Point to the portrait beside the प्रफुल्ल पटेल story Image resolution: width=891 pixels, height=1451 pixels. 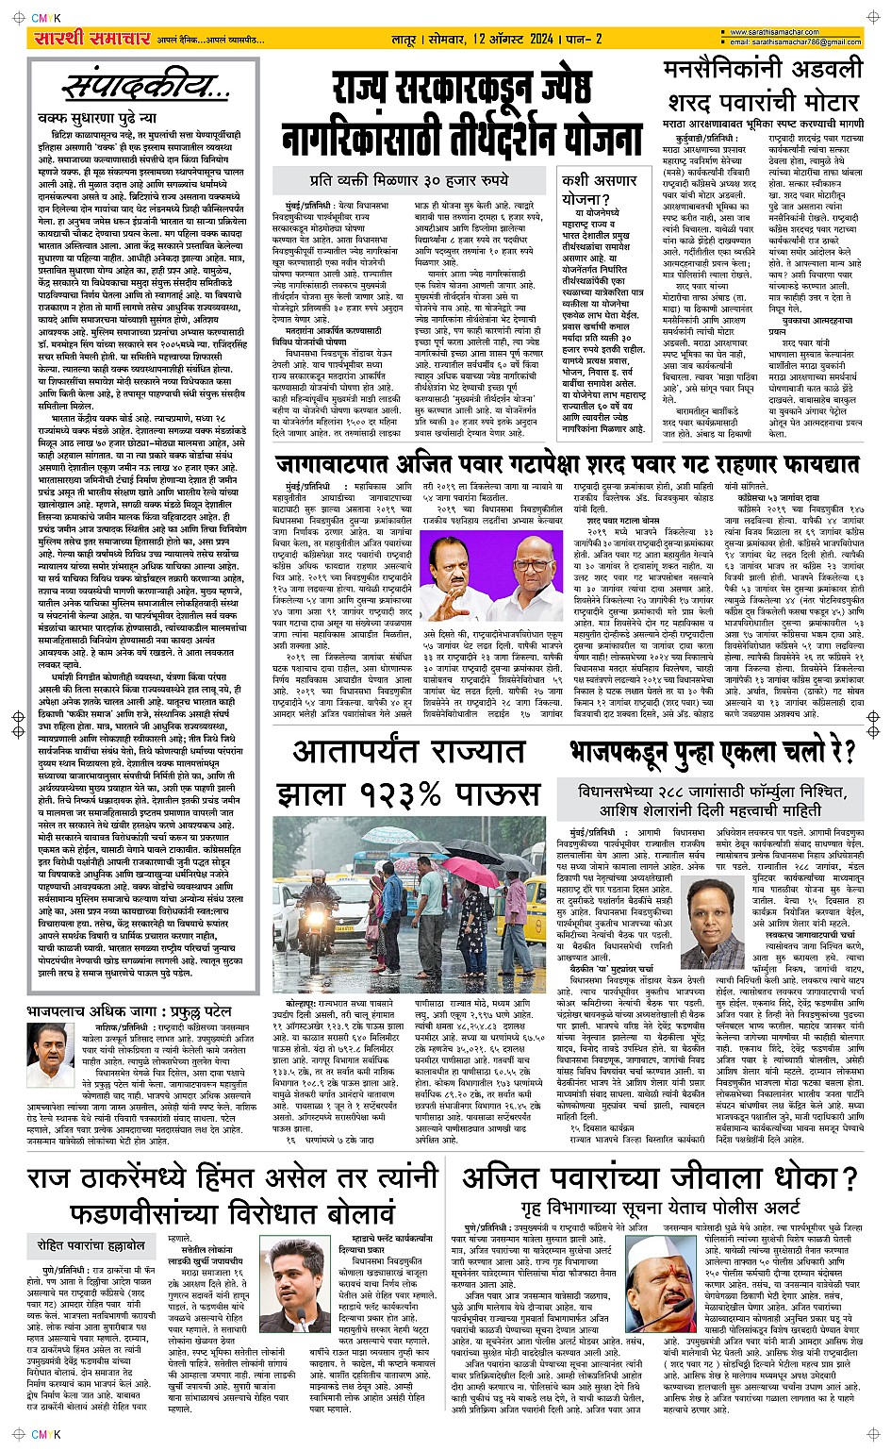47,1054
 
